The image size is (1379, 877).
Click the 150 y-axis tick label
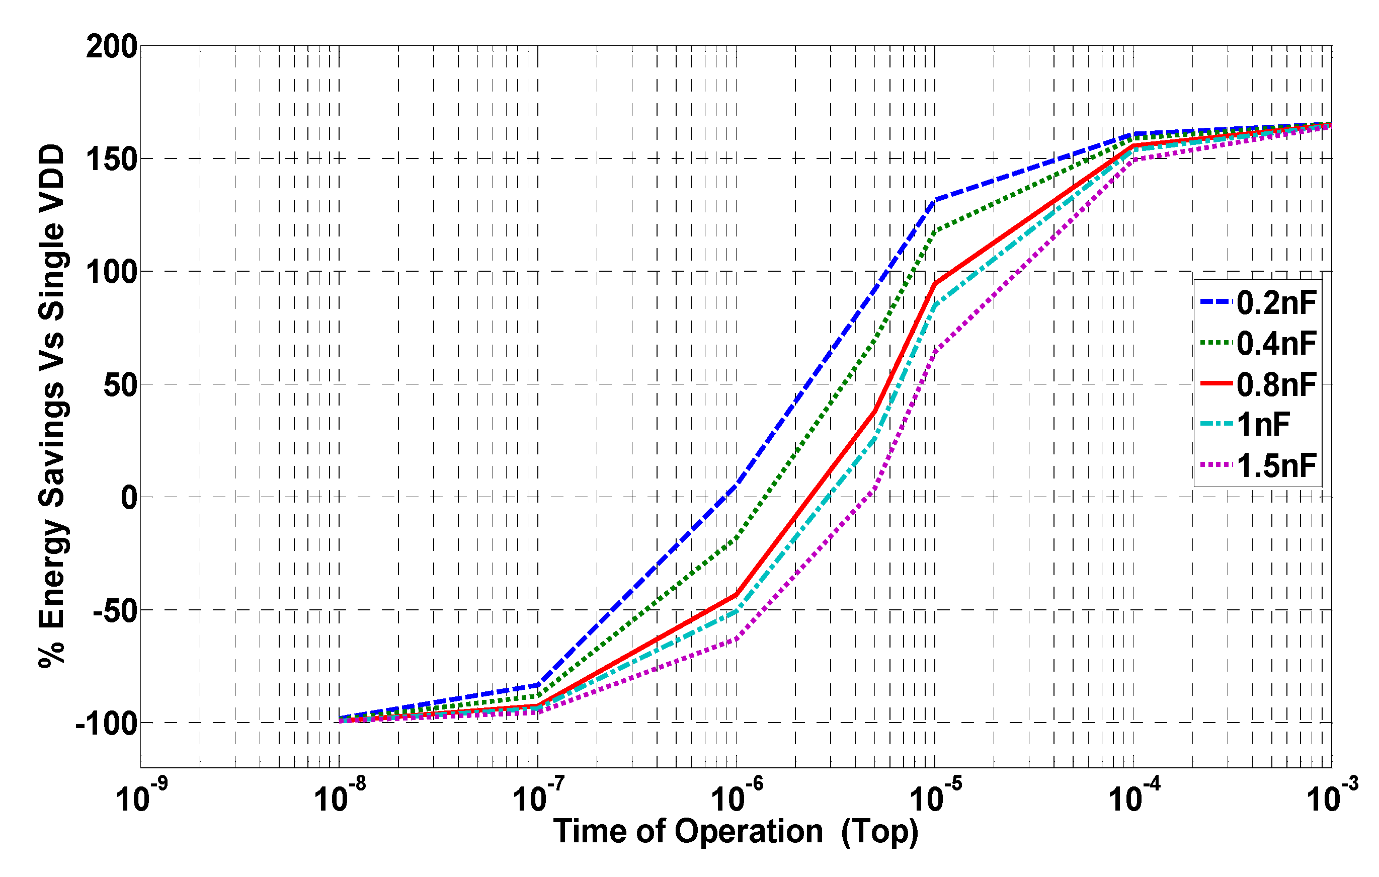(112, 159)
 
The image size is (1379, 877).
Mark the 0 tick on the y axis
(129, 497)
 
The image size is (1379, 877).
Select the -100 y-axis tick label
(107, 724)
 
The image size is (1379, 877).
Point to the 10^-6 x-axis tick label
(736, 798)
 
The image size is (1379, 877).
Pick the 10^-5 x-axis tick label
(935, 798)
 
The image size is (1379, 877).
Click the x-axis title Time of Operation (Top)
(736, 832)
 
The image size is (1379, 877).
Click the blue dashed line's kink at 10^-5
(935, 200)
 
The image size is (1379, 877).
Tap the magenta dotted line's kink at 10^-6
(736, 639)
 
